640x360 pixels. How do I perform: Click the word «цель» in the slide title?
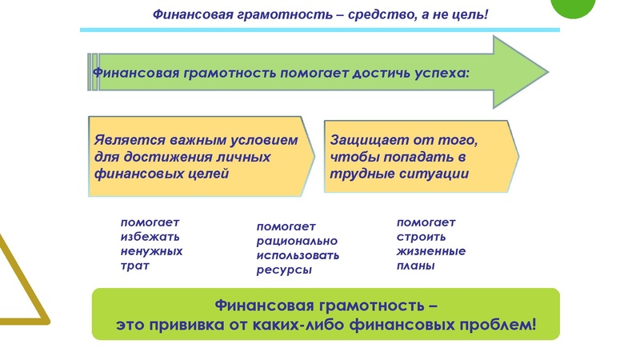coord(466,14)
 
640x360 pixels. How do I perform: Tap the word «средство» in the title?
coord(378,14)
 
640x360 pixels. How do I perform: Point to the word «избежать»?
coord(150,237)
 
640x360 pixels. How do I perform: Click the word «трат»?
coord(136,266)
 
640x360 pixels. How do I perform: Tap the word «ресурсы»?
coord(284,270)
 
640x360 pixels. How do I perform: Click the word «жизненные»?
coord(431,251)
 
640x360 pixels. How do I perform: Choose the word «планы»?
coord(416,266)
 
